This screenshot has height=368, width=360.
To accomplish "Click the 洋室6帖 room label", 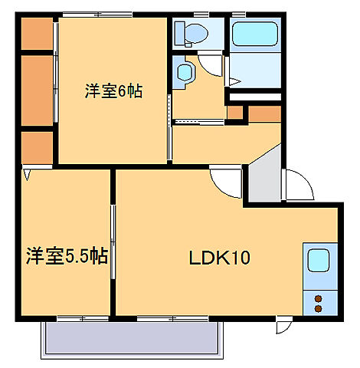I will [x=113, y=91].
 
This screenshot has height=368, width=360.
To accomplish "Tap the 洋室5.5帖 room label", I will [x=66, y=256].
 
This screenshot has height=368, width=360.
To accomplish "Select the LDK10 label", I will [x=220, y=259].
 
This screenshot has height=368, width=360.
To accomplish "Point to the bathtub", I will [x=256, y=34].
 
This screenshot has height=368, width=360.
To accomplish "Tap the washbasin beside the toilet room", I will [x=185, y=73].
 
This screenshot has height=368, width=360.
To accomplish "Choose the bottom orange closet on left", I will [x=35, y=147].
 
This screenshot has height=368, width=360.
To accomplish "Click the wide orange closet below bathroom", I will [x=265, y=113].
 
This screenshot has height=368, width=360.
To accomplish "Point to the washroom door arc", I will [x=211, y=67].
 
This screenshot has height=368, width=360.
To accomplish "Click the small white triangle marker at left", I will [x=28, y=175].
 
